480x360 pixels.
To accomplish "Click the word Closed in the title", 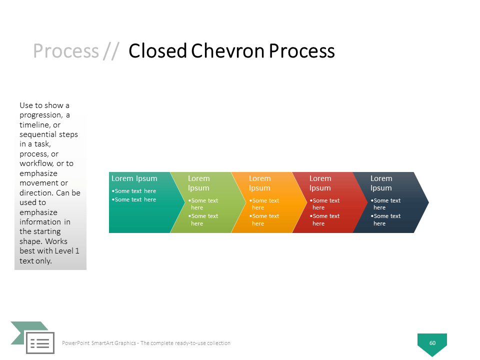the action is coord(157,50).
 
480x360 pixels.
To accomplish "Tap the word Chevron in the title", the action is coord(228,50).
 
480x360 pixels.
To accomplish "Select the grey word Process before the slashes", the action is coord(66,51).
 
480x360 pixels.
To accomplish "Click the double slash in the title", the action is coord(111,51).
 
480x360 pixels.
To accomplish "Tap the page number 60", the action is coord(432,343).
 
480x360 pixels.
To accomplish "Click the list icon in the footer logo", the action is coord(40,343).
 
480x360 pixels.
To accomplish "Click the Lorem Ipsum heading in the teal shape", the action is coord(134,178).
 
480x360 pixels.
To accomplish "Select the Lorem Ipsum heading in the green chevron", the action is coord(198,183).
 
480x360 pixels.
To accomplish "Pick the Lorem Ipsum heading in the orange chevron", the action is coord(259,183).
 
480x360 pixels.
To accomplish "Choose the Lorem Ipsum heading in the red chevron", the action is coord(320,183).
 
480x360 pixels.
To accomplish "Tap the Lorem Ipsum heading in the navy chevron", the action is coord(381,183).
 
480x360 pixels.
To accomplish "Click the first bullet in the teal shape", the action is coord(134,191).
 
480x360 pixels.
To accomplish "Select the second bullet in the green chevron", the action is coord(203,220).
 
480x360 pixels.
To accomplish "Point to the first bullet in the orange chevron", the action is coord(264,204).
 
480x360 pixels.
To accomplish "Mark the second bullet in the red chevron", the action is coord(325,220).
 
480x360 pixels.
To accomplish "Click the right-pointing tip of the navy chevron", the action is coord(428,202).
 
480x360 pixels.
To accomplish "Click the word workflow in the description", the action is coord(36,163).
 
